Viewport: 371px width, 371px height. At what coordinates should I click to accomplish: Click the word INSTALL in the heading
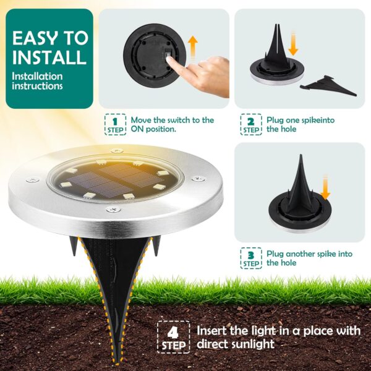click(x=49, y=58)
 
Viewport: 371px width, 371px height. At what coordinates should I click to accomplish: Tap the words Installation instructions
click(x=38, y=81)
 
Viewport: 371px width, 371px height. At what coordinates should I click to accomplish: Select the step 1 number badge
click(x=114, y=124)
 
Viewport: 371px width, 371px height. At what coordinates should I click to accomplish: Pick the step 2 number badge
click(x=250, y=124)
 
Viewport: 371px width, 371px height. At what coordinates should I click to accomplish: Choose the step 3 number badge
click(x=250, y=257)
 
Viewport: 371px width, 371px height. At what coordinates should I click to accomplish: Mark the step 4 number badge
click(x=173, y=336)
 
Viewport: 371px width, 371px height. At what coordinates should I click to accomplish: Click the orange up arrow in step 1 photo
click(x=193, y=47)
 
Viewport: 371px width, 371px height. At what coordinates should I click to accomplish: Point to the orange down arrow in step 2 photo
click(x=293, y=44)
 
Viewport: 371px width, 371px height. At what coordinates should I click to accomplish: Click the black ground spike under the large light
click(x=117, y=291)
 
